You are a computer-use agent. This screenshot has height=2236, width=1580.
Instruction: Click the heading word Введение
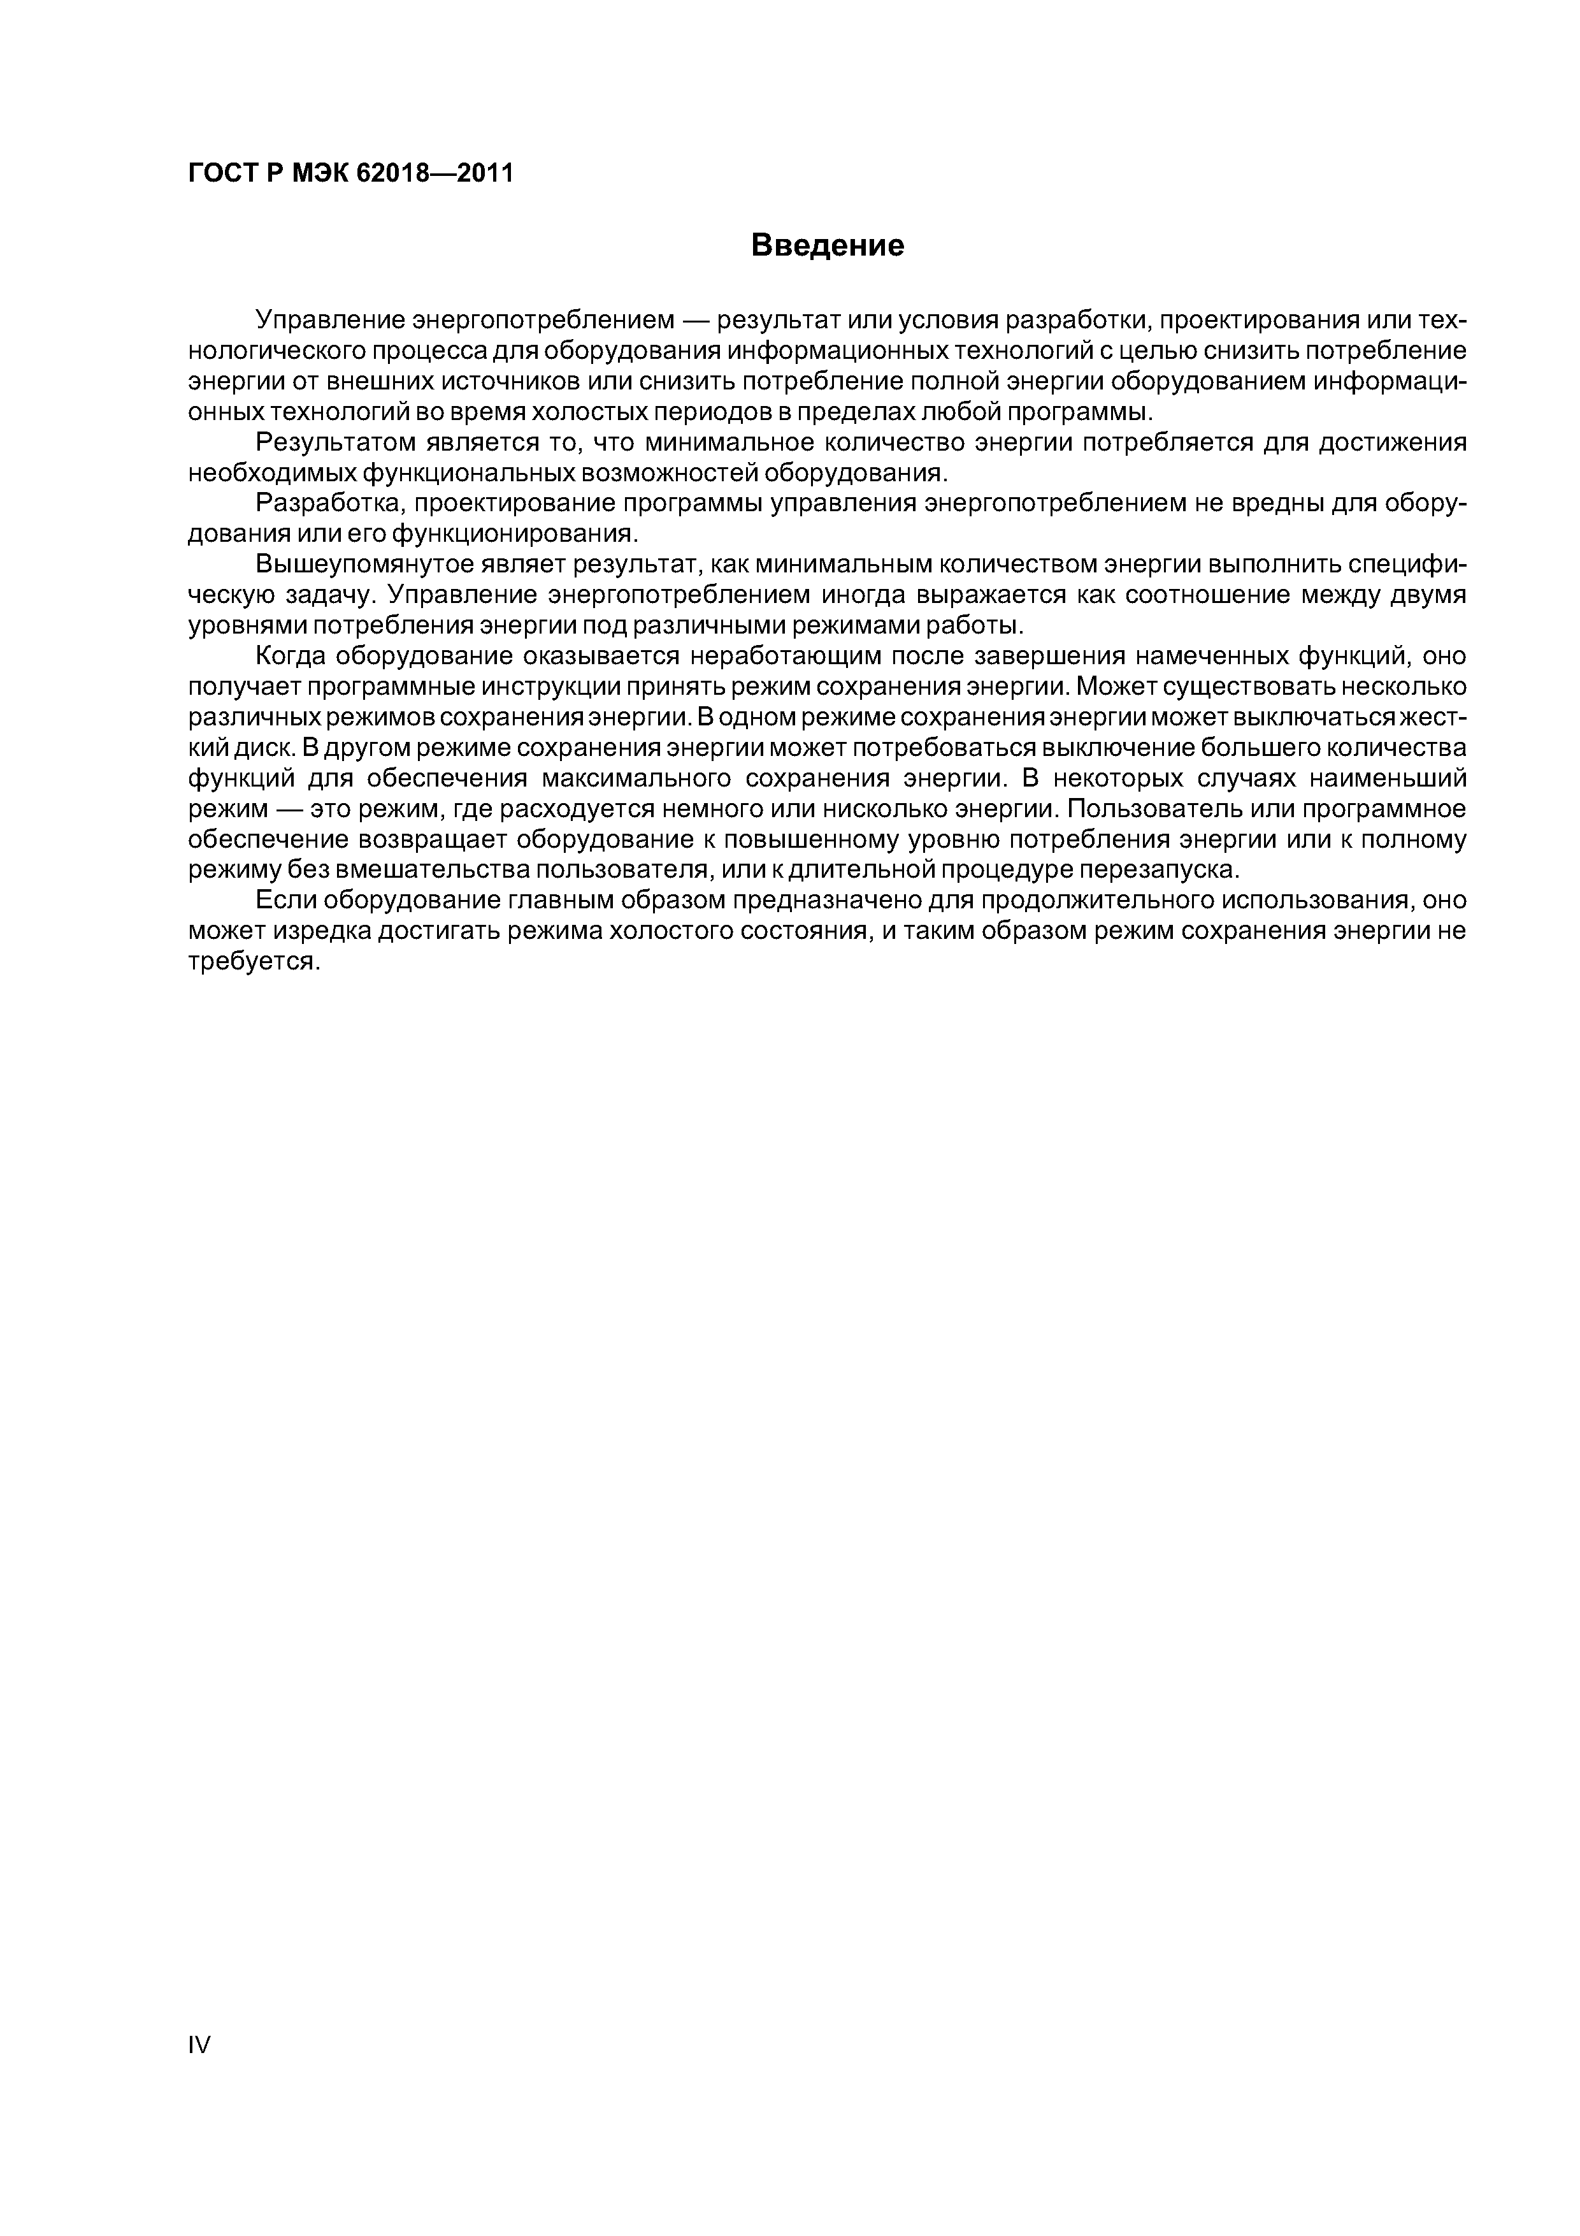tap(828, 245)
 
